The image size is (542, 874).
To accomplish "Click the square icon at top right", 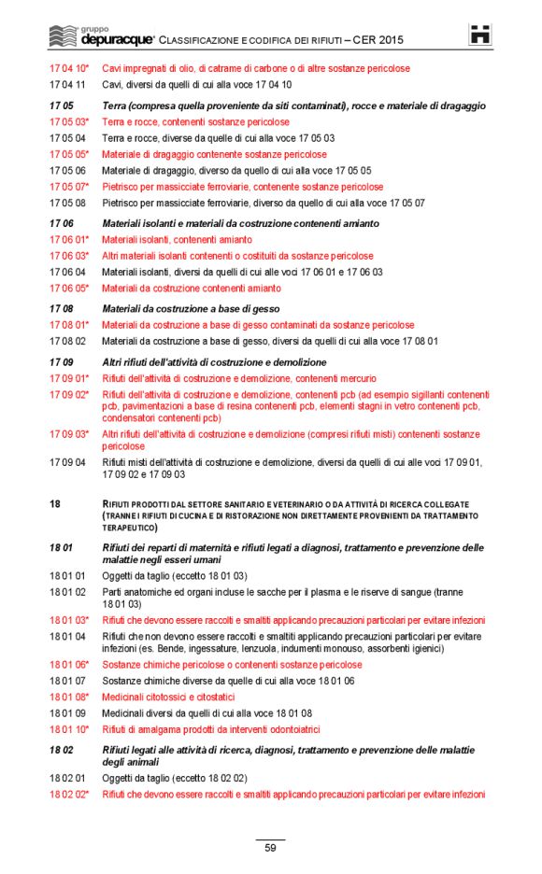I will pos(480,35).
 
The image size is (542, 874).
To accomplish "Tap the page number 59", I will pos(270,848).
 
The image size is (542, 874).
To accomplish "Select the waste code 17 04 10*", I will pos(69,69).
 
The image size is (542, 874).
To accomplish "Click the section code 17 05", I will pos(62,106).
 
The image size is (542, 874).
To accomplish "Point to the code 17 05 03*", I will pos(69,122).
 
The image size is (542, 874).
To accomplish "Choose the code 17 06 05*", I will pos(69,289).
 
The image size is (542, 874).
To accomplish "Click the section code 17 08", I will pos(62,309).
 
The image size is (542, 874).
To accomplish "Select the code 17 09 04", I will pos(67,462).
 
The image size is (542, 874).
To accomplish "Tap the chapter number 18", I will pos(55,504).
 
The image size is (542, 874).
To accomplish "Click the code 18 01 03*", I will pos(69,620).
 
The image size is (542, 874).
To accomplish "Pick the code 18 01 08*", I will pos(69,698).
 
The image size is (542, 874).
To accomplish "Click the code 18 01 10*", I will pos(69,729).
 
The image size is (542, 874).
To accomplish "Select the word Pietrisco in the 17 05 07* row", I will pos(121,187).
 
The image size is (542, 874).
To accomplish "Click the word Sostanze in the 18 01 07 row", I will pos(122,682).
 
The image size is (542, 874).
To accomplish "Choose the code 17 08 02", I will pos(67,342).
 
